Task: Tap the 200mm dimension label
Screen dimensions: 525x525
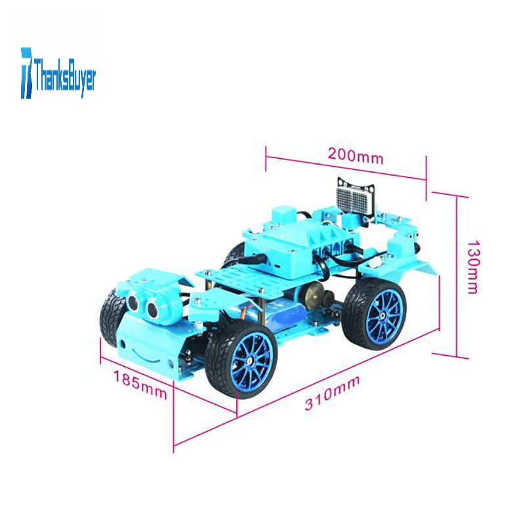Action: [355, 156]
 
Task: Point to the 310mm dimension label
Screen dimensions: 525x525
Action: [332, 392]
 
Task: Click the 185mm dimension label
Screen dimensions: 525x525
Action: [140, 385]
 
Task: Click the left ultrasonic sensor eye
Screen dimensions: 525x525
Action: [133, 303]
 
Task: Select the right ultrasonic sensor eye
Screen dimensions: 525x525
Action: [152, 310]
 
